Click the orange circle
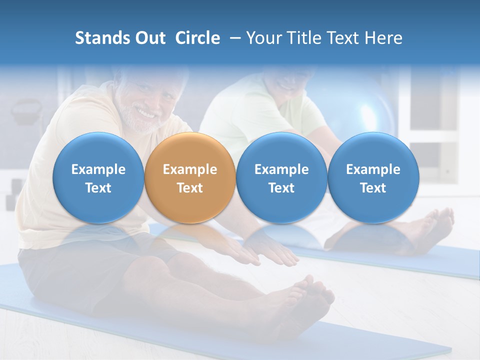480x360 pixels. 189,178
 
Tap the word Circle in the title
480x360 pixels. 197,38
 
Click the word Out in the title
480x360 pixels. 149,38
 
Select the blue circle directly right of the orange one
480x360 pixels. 281,178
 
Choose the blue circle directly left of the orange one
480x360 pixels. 98,178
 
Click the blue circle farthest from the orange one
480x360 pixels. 373,178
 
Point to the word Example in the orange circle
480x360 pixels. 189,169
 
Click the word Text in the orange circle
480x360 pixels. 189,188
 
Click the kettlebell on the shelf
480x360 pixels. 27,112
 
